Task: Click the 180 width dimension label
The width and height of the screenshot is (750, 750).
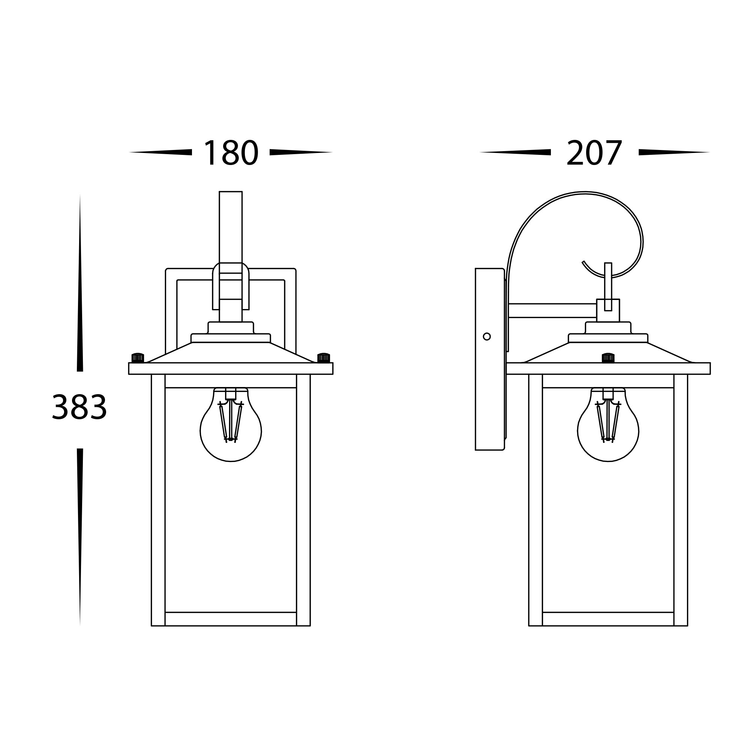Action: click(x=231, y=153)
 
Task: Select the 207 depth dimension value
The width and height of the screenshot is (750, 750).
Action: click(x=594, y=153)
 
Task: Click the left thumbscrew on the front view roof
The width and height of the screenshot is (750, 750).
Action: click(x=138, y=357)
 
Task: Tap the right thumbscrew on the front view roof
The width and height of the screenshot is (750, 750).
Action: click(x=323, y=357)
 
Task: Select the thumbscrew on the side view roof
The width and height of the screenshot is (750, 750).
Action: click(x=608, y=357)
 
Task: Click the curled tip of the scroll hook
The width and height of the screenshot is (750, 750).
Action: click(x=583, y=262)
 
